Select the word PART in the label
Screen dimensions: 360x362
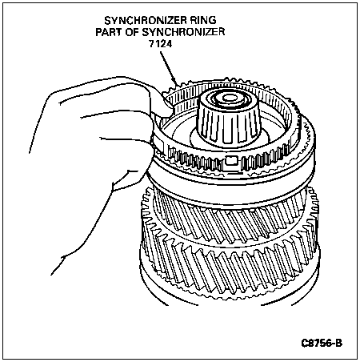[107, 32]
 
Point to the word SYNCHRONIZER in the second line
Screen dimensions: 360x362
[183, 32]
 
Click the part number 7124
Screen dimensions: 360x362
[160, 43]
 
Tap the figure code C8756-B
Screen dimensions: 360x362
[322, 343]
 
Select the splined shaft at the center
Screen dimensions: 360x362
[229, 120]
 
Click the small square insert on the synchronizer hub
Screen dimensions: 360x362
[231, 160]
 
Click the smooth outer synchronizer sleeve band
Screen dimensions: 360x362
[230, 187]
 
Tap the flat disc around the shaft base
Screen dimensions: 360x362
[230, 139]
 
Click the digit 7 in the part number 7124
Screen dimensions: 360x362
[151, 43]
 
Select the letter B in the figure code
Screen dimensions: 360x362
[338, 343]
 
